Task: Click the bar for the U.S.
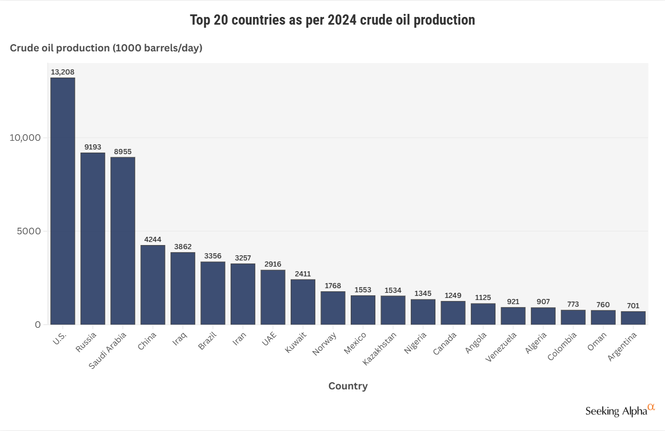[63, 201]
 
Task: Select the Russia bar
[93, 238]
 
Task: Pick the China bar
[153, 285]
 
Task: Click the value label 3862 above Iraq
[183, 247]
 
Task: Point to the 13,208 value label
[63, 72]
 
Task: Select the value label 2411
[303, 274]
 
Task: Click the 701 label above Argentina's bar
[633, 306]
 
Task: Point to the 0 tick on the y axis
[38, 325]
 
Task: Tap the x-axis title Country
[348, 386]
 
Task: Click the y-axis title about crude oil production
[106, 48]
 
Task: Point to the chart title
[332, 20]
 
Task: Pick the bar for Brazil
[213, 293]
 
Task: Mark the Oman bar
[603, 317]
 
